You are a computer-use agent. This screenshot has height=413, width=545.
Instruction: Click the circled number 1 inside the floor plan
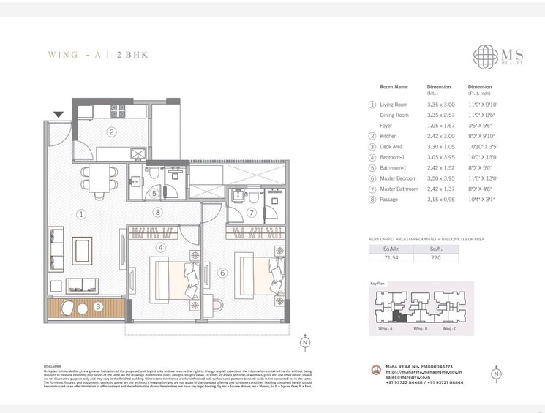coord(81,214)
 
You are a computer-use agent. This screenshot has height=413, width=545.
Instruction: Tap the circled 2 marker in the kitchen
coord(111,132)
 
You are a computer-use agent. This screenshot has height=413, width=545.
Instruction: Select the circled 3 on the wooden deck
coord(98,307)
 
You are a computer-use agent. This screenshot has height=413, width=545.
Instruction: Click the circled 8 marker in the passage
coord(157,213)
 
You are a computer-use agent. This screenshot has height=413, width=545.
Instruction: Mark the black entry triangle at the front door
coord(59,113)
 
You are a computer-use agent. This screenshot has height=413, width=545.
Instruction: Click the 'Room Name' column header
coord(394,87)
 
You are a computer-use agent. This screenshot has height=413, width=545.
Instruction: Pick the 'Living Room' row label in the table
coord(393,105)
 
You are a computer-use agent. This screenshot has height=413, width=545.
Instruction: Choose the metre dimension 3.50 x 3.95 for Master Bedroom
coord(440,178)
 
